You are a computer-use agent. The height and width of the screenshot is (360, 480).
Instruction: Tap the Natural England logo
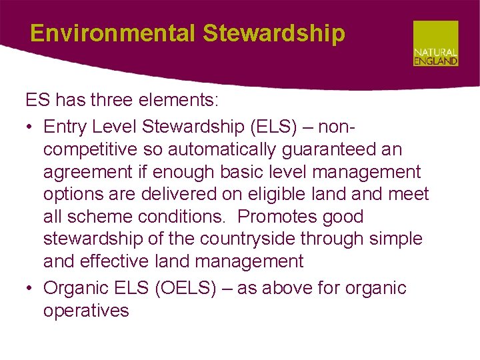click(x=435, y=43)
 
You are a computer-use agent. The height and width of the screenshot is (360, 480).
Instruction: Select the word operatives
click(x=86, y=311)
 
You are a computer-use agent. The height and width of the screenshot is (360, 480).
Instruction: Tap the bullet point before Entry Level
click(x=31, y=127)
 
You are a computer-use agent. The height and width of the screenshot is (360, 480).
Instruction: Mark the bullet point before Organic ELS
click(x=31, y=289)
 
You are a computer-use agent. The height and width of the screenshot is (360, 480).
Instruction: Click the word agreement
click(x=88, y=172)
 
